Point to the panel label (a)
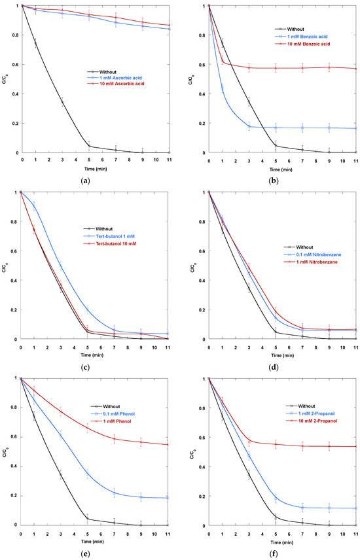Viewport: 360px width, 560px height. [84, 181]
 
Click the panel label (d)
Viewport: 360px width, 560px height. [273, 367]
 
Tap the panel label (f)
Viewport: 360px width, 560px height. [273, 553]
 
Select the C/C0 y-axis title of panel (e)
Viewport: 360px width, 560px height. [5, 451]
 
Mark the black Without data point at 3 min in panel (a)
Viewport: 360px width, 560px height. [62, 102]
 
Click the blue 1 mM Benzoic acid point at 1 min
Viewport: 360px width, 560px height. [222, 88]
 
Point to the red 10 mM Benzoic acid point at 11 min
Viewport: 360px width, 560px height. [355, 69]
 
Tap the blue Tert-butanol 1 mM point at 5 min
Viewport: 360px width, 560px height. [87, 309]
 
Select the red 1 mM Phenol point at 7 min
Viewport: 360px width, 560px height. [114, 439]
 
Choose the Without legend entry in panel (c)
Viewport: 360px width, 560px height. [103, 229]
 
